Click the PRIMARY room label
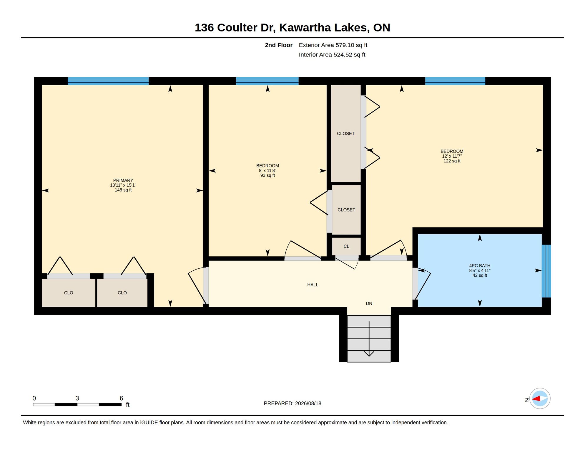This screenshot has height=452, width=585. (x=123, y=180)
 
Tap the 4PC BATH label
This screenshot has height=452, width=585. (x=480, y=265)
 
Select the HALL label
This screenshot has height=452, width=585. (x=313, y=285)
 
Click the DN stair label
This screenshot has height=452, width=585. (x=369, y=303)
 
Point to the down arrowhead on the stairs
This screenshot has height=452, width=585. (x=369, y=354)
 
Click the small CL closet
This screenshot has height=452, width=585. (x=346, y=246)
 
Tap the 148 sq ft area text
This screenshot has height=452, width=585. (x=123, y=190)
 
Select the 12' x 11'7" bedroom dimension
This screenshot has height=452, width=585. (x=452, y=156)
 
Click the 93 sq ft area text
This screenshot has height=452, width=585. (x=267, y=175)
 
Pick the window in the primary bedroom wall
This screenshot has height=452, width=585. (x=108, y=81)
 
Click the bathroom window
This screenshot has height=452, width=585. (x=546, y=271)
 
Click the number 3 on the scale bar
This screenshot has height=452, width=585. (x=77, y=398)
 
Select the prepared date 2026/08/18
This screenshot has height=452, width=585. (x=308, y=403)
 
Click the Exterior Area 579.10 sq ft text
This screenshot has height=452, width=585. (x=333, y=45)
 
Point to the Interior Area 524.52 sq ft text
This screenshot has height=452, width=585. (x=332, y=54)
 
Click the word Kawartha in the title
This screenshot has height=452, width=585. (x=305, y=27)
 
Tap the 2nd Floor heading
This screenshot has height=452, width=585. (x=278, y=45)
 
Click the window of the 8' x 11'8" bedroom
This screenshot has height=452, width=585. (x=267, y=81)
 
